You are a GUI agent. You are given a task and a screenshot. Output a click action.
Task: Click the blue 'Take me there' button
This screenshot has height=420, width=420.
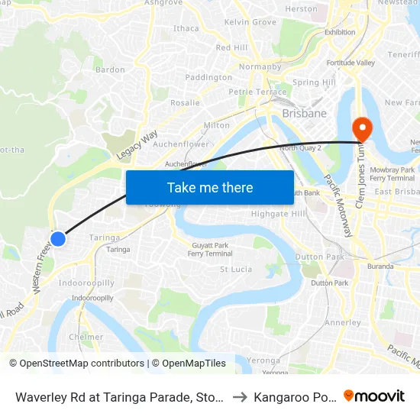[x=210, y=187]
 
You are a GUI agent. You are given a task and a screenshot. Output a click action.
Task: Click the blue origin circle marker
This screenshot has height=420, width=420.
[x=57, y=239]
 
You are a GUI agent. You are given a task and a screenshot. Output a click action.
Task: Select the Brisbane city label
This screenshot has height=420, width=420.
[x=304, y=113]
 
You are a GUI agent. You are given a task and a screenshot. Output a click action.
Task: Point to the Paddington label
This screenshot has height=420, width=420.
[x=208, y=77]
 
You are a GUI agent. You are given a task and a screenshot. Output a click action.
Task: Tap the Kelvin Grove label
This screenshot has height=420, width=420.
[x=250, y=22]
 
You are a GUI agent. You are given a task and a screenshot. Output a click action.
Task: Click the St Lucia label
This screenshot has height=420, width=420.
[x=236, y=269]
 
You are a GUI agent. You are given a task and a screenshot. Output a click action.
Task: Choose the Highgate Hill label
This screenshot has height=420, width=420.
[x=278, y=214]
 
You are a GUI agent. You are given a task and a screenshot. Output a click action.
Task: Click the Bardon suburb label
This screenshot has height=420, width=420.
[x=111, y=69]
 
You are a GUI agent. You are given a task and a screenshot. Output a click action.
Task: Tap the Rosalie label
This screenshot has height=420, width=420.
[x=186, y=102]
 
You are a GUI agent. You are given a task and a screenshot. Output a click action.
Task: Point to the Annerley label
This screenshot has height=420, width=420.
[x=343, y=322]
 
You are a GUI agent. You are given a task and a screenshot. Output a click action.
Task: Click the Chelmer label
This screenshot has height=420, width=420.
[x=86, y=337]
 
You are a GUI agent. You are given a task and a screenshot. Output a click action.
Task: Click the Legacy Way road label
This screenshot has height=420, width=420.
[x=137, y=144]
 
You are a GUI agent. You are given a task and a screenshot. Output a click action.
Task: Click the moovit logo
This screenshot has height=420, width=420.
[x=374, y=396]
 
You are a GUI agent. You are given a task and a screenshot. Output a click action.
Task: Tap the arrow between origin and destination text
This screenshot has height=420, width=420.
[x=239, y=396]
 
